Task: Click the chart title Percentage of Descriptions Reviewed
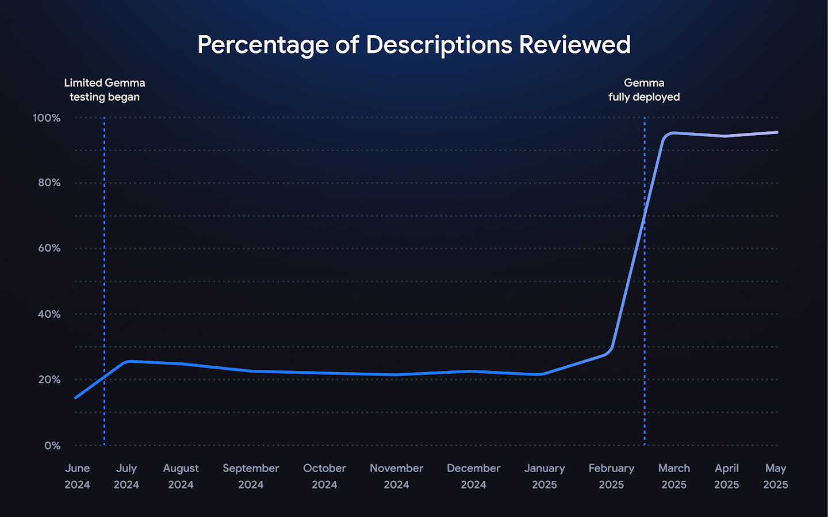[414, 45]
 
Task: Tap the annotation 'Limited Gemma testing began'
[104, 90]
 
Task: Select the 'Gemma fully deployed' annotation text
[644, 90]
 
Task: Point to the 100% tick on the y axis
[47, 118]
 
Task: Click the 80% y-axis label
[49, 183]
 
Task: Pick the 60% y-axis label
[49, 248]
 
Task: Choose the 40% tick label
[49, 314]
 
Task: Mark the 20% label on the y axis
[49, 380]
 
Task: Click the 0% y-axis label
[52, 446]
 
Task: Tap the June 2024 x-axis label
[77, 476]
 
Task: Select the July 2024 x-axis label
[126, 476]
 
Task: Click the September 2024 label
[251, 476]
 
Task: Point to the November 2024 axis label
[396, 476]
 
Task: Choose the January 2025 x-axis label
[544, 476]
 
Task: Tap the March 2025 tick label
[674, 476]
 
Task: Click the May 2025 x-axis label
[775, 476]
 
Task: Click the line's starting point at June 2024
[76, 397]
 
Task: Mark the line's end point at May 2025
[777, 132]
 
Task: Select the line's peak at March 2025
[672, 133]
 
